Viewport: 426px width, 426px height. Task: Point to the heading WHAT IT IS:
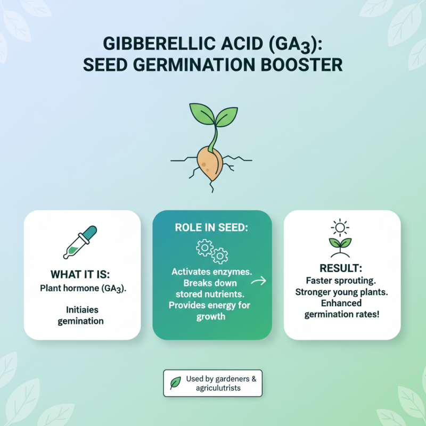[x=81, y=275]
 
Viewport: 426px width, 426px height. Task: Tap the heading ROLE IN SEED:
[x=212, y=228]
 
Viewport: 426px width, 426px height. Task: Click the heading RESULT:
[x=342, y=267]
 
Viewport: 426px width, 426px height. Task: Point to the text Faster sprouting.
[x=342, y=280]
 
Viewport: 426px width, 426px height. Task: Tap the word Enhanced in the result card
[x=341, y=303]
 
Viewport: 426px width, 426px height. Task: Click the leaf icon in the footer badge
[x=174, y=383]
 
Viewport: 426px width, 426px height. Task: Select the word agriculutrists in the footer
[x=218, y=388]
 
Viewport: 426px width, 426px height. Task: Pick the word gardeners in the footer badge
[x=229, y=379]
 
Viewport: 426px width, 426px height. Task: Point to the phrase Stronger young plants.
[x=342, y=292]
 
